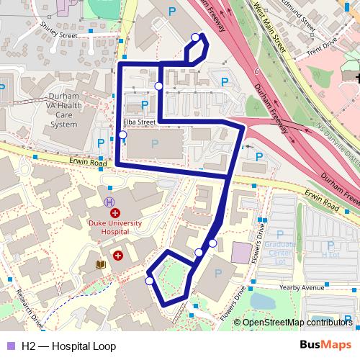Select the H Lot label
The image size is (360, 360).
pyautogui.click(x=330, y=253)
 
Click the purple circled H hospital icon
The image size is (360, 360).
pyautogui.click(x=109, y=202)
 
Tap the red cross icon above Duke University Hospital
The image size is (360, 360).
pyautogui.click(x=114, y=214)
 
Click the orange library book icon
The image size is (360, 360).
pyautogui.click(x=100, y=266)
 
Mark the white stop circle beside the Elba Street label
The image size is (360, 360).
pyautogui.click(x=122, y=135)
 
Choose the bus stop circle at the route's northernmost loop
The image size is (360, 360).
pyautogui.click(x=195, y=37)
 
